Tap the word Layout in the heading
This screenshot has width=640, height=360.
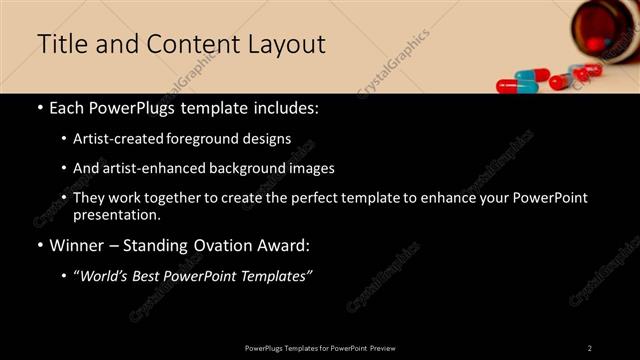(286, 45)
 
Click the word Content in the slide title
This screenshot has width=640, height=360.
(185, 45)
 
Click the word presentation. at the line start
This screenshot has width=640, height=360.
(116, 214)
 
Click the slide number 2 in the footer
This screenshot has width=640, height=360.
(589, 348)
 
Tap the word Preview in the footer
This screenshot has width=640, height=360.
(382, 348)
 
